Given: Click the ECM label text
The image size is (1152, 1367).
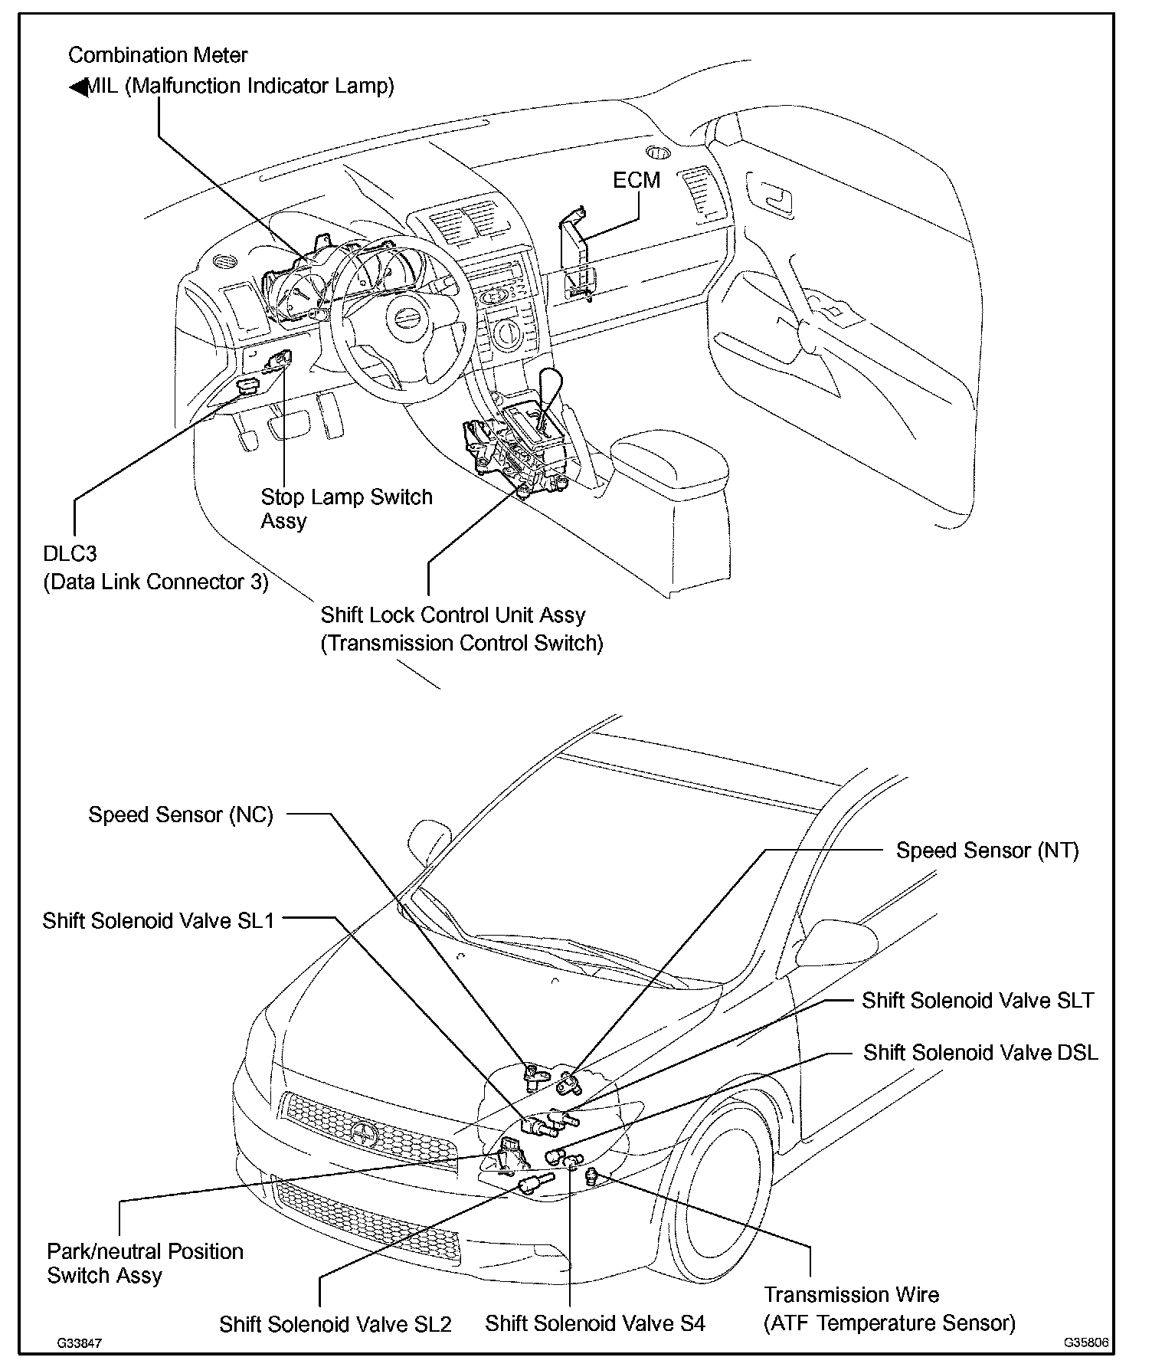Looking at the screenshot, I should point(636,180).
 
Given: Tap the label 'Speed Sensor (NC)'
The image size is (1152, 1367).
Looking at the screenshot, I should point(181,815).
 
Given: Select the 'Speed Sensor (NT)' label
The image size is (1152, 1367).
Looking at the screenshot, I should point(987,851).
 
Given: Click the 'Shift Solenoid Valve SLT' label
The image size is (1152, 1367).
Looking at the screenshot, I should point(978,1001).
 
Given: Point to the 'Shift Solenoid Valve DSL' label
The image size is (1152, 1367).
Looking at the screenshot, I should point(980,1053).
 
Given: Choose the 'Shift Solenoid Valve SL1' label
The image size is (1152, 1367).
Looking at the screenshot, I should point(158,920).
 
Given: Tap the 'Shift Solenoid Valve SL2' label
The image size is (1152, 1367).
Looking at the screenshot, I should point(335,1324).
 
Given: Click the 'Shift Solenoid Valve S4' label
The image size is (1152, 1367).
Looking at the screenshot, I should point(595,1323).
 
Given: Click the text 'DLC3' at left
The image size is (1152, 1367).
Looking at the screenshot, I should point(70,554).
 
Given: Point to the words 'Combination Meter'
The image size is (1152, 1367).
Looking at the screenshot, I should point(158,55).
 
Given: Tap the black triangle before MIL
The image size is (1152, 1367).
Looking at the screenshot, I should point(77,87).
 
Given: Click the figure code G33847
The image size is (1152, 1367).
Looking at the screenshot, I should point(79,1344).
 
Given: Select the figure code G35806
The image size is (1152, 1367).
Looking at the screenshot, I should point(1085,1343).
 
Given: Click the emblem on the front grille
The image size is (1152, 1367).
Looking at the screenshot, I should point(361,1129).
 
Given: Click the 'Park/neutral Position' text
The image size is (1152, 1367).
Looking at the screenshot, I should point(145,1251).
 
